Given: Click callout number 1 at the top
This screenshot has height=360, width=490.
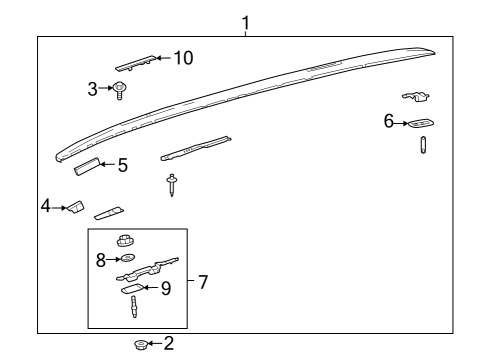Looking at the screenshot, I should coord(245,21).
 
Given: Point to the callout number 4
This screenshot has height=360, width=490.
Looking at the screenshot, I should coord(45,206).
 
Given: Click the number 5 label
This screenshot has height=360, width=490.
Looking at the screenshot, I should coord(122,165).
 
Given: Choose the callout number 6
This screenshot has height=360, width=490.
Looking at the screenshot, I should coord(388,121).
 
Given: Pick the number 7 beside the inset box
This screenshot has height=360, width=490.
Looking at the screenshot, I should coord(202,282).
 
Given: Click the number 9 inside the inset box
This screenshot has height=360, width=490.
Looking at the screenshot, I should coord(165,289).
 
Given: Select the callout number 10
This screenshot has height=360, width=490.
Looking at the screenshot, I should coord(182,58).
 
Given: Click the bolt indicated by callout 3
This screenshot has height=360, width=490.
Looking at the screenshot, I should coord(119,90).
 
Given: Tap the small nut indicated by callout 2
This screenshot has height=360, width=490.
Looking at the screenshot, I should coord(142,345).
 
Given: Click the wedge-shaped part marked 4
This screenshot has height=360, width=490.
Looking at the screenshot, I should coord(73,206).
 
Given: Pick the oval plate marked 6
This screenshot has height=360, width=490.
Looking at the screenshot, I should coord(421,123).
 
